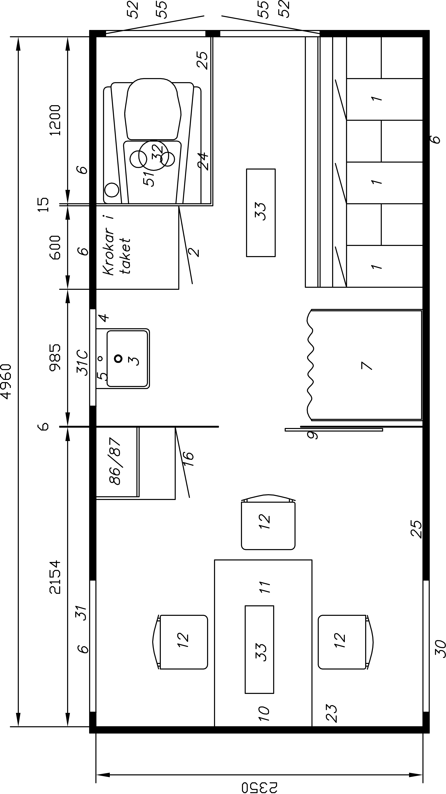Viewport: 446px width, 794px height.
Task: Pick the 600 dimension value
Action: click(x=56, y=247)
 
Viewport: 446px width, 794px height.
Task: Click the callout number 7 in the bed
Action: click(x=366, y=365)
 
